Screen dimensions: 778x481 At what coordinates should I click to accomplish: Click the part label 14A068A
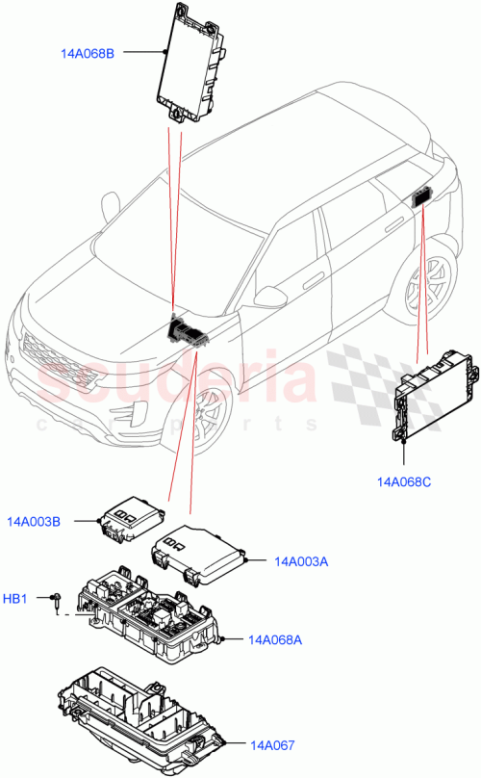(x=275, y=639)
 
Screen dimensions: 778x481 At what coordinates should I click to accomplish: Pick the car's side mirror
(x=271, y=295)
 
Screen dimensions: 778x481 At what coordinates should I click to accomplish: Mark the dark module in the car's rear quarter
(x=422, y=197)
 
